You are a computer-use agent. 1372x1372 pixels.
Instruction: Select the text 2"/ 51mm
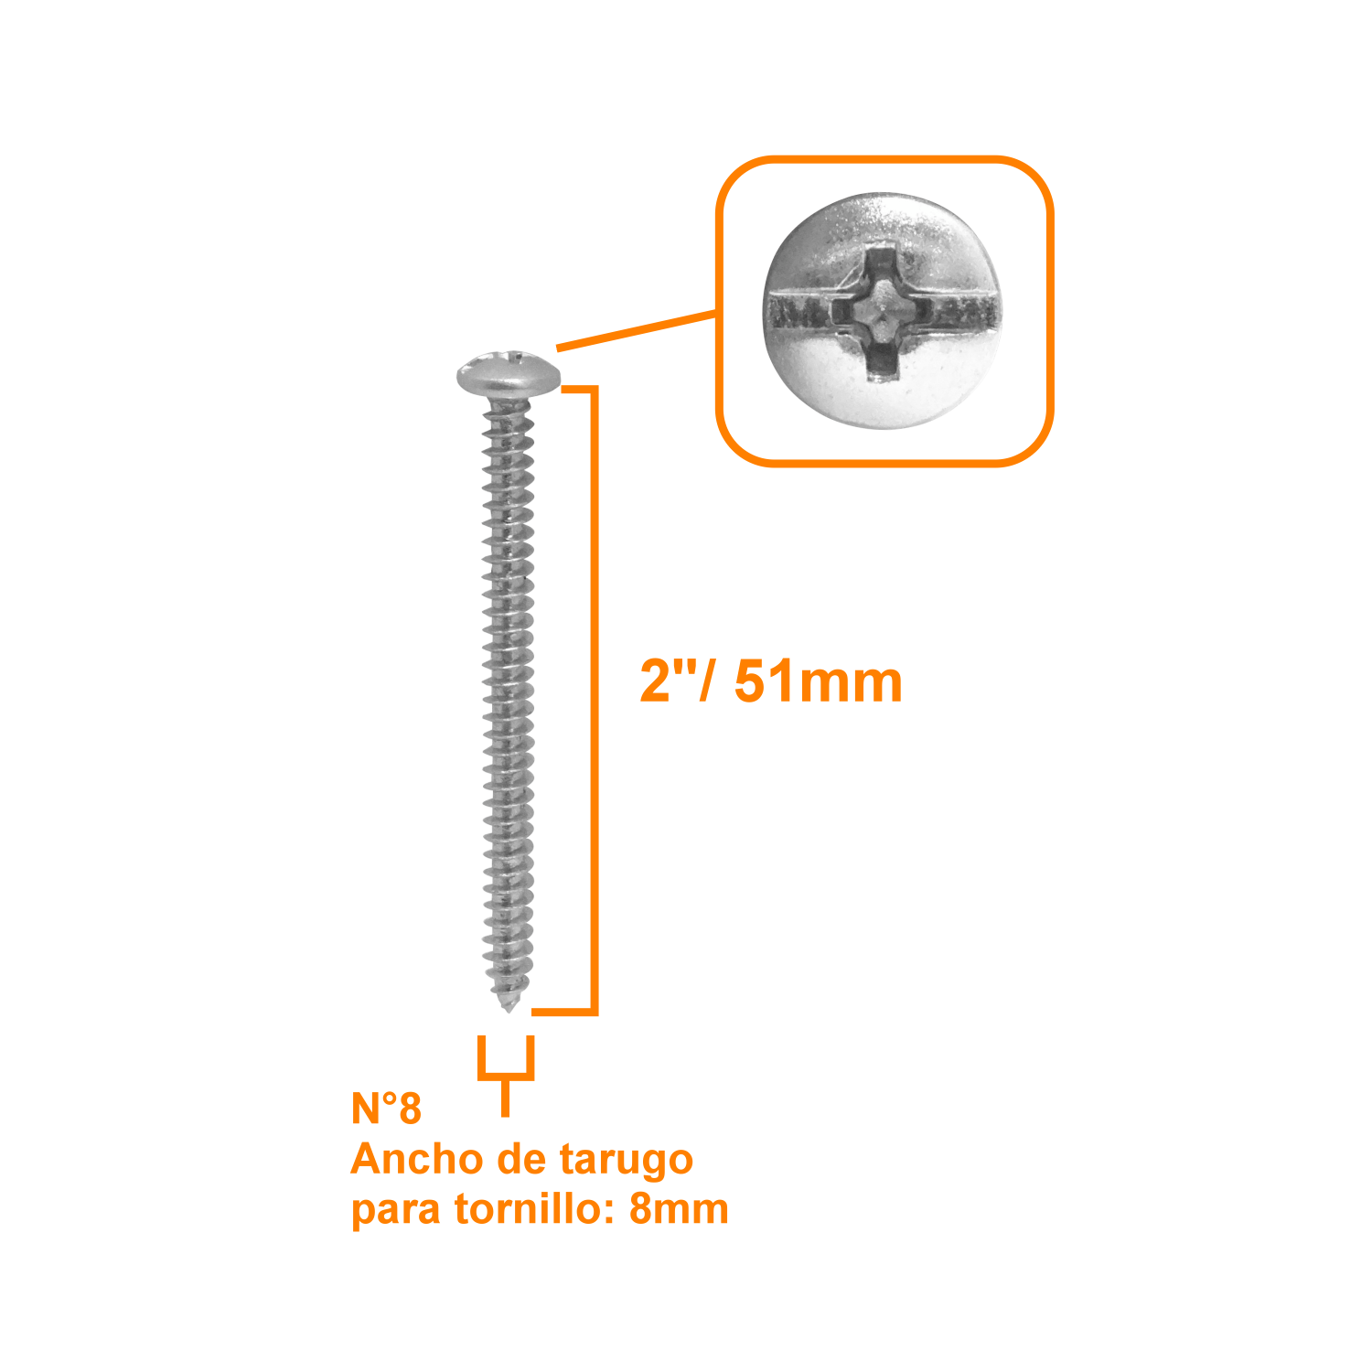point(771,681)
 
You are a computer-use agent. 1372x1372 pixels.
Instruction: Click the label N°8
point(386,1108)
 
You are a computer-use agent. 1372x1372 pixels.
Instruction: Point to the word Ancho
point(417,1159)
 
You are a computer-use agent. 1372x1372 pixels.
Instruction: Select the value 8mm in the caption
point(679,1210)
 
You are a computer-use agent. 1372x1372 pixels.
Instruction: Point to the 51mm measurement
point(818,682)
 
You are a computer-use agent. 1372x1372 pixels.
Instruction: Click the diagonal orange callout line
point(637,331)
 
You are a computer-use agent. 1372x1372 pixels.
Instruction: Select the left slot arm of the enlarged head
point(805,312)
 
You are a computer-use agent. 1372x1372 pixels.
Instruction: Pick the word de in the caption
point(521,1159)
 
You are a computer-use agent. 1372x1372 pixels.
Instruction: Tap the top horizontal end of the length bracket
point(578,390)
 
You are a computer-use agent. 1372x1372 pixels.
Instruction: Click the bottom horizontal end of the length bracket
point(564,1011)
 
